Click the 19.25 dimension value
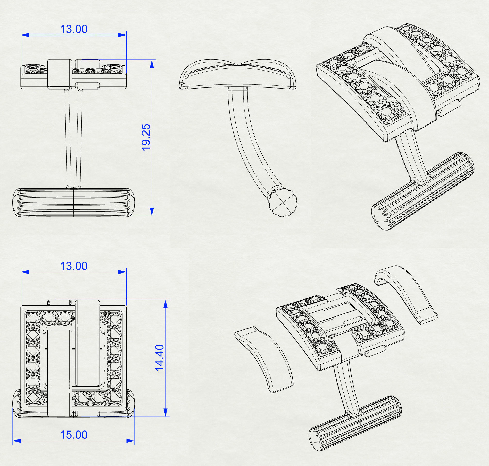[146, 137]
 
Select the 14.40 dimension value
[160, 357]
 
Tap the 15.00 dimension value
[74, 435]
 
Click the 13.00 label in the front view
[74, 29]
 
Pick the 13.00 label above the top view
[74, 266]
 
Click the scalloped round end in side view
[283, 203]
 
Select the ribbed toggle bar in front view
[73, 203]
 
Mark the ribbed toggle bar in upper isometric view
[423, 190]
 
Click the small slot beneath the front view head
[87, 85]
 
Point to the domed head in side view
[237, 75]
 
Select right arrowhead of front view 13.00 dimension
[122, 35]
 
